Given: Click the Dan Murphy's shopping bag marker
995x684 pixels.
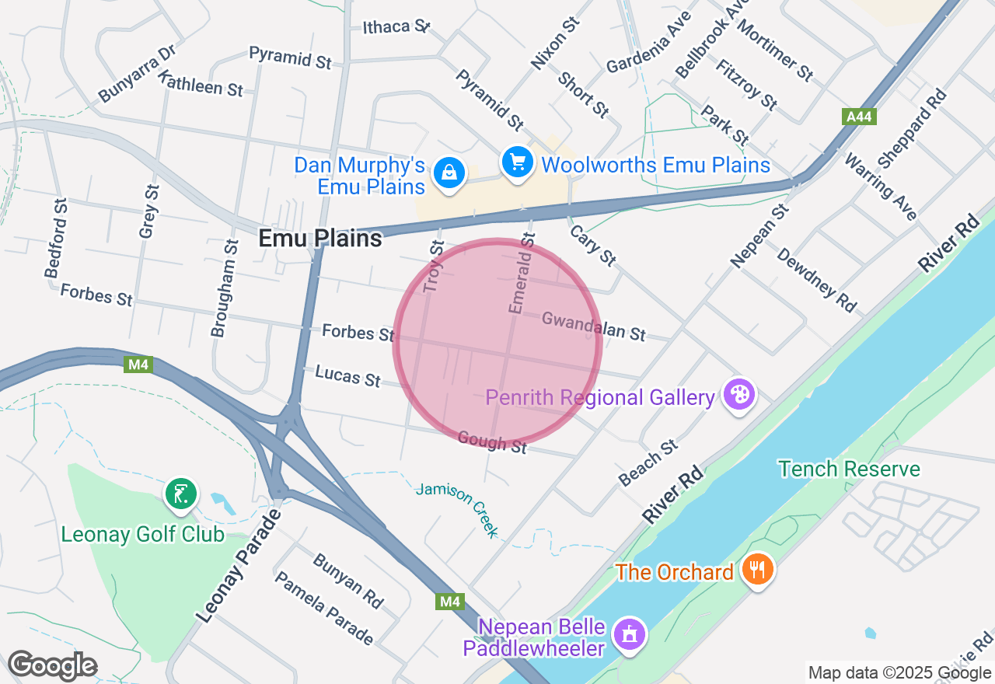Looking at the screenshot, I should (x=449, y=173).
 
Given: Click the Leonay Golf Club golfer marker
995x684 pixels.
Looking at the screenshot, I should (x=180, y=494).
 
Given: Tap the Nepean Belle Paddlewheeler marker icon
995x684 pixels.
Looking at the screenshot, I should (x=630, y=633).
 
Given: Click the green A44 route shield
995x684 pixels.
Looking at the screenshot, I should (x=859, y=117).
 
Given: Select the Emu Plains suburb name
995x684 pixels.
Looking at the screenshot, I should (x=320, y=239).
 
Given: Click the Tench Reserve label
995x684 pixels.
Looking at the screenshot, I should (x=849, y=469).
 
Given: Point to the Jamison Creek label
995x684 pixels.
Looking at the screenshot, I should (x=457, y=509).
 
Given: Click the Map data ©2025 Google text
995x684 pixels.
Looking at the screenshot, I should (x=899, y=673).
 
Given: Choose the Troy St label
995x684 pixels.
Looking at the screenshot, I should (x=434, y=267).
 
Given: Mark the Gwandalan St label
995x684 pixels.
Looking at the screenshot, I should (x=593, y=326).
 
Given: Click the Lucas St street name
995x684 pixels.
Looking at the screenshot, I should (x=347, y=376).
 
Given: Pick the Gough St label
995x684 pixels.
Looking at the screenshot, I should (x=492, y=442).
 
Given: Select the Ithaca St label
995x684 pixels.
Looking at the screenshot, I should (x=396, y=27).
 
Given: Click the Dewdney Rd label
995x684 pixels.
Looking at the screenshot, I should (x=816, y=281).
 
